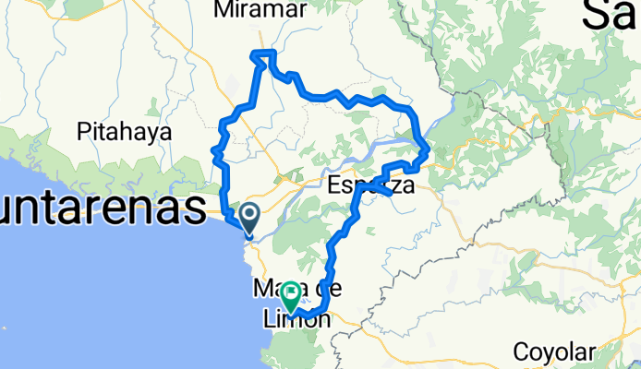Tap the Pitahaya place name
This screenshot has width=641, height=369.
tap(126, 131)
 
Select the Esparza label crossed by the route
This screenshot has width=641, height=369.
tap(369, 186)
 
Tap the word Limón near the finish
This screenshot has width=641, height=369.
tap(291, 320)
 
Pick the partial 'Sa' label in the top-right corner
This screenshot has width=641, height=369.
tap(611, 15)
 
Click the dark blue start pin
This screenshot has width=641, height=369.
tap(249, 220)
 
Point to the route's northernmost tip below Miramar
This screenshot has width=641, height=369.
tap(264, 53)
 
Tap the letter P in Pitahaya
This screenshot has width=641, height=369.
tap(85, 131)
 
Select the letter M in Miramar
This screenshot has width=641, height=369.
tap(222, 10)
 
